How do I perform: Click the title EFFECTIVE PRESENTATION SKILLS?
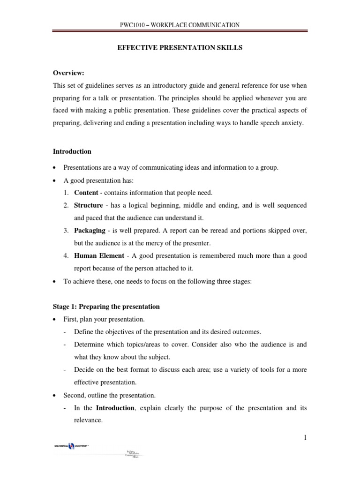(x=180, y=48)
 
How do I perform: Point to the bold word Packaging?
(x=90, y=231)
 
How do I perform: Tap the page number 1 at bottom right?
(x=305, y=438)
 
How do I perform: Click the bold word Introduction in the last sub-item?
(x=115, y=408)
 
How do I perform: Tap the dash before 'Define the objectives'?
(x=64, y=332)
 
